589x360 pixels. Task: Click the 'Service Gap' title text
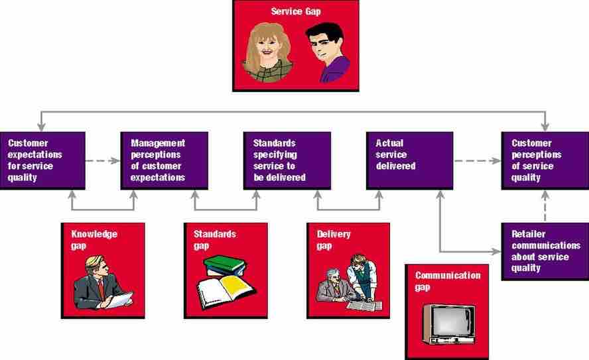(x=295, y=11)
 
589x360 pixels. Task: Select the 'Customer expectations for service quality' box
(x=42, y=160)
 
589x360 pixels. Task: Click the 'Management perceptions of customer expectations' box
(x=164, y=160)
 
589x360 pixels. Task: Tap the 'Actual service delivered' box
(x=409, y=160)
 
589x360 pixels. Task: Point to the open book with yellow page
(x=226, y=289)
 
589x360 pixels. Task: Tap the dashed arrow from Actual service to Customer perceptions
(x=477, y=160)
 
